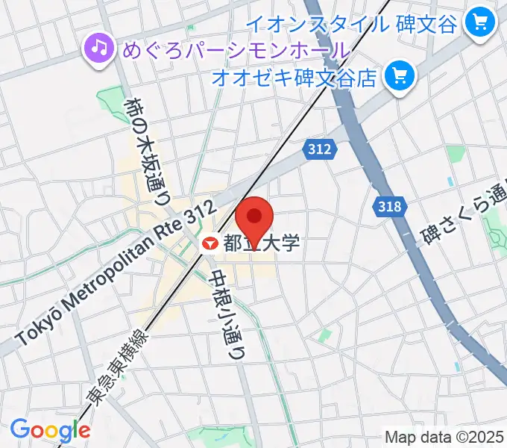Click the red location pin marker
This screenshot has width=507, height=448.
click(253, 218)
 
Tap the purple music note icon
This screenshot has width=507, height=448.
click(98, 49)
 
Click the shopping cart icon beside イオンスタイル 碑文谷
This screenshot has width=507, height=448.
click(475, 24)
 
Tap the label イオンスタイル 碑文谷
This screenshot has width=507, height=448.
click(350, 24)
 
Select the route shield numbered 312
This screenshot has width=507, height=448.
click(319, 149)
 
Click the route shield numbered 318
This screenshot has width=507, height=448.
click(388, 208)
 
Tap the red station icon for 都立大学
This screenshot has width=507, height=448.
click(210, 243)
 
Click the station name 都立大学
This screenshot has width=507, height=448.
click(261, 243)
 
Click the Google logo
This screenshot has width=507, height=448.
click(50, 430)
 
